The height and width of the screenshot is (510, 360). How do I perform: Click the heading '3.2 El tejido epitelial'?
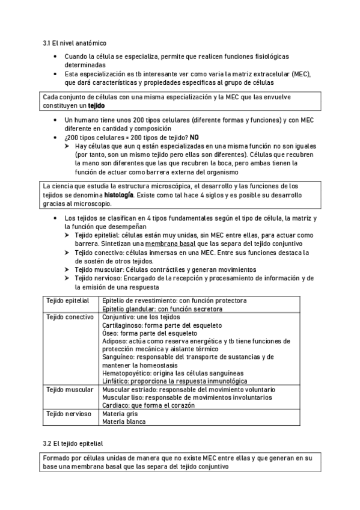(x=73, y=443)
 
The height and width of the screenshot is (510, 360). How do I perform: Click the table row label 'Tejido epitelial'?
(x=68, y=300)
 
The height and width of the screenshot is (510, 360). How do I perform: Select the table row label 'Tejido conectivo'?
(x=70, y=317)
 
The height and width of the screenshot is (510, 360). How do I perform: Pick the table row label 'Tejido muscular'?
(x=69, y=389)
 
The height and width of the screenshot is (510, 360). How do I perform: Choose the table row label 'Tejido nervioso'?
(x=69, y=414)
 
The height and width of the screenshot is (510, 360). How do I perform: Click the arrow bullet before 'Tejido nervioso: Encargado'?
(x=67, y=278)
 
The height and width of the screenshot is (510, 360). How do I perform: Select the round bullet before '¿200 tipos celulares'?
(x=55, y=137)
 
